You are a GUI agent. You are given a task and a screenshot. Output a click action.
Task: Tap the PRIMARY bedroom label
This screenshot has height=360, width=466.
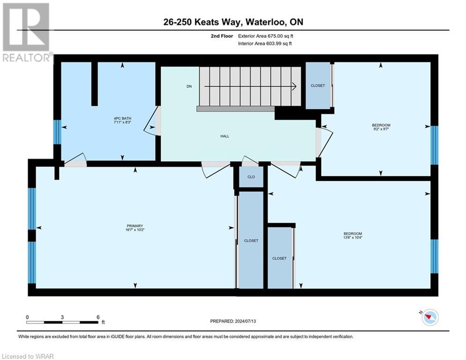135,225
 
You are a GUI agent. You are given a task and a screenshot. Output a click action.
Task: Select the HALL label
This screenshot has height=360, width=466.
225,136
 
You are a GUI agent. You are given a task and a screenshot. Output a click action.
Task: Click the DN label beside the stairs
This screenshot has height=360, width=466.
189,86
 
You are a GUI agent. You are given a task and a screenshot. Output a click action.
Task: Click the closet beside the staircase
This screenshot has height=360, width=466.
318,86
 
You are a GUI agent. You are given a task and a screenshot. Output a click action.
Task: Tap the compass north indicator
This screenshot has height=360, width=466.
429,317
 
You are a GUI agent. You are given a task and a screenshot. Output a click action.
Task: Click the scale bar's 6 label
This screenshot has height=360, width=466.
98,317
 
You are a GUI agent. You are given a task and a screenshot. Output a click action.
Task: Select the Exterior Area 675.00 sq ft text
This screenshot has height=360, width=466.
266,36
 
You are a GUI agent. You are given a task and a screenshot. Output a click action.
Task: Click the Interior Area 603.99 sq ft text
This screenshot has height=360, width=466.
266,44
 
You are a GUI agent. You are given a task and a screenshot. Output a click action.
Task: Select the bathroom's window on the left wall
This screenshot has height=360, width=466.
57,132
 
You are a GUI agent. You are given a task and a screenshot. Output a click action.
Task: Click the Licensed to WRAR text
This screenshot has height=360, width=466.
28,356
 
